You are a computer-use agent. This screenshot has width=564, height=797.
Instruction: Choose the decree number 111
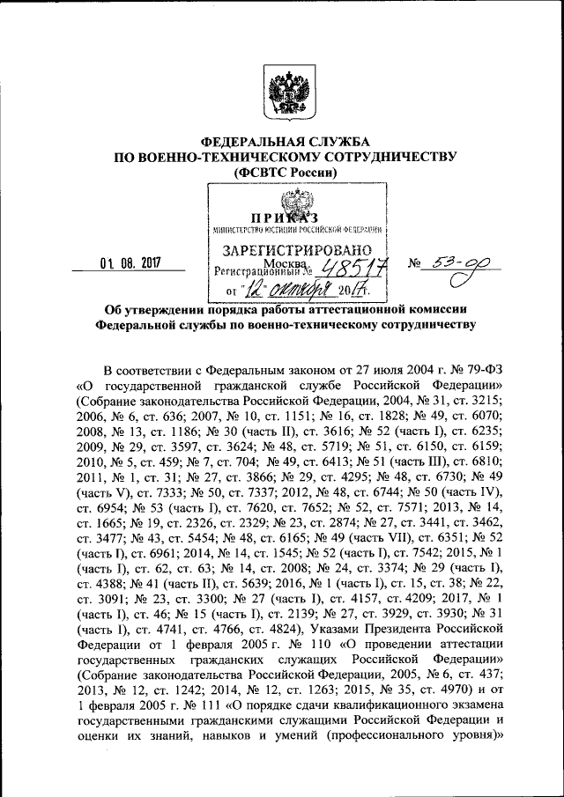coord(202,712)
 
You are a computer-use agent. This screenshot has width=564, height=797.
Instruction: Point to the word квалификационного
coord(357,712)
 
